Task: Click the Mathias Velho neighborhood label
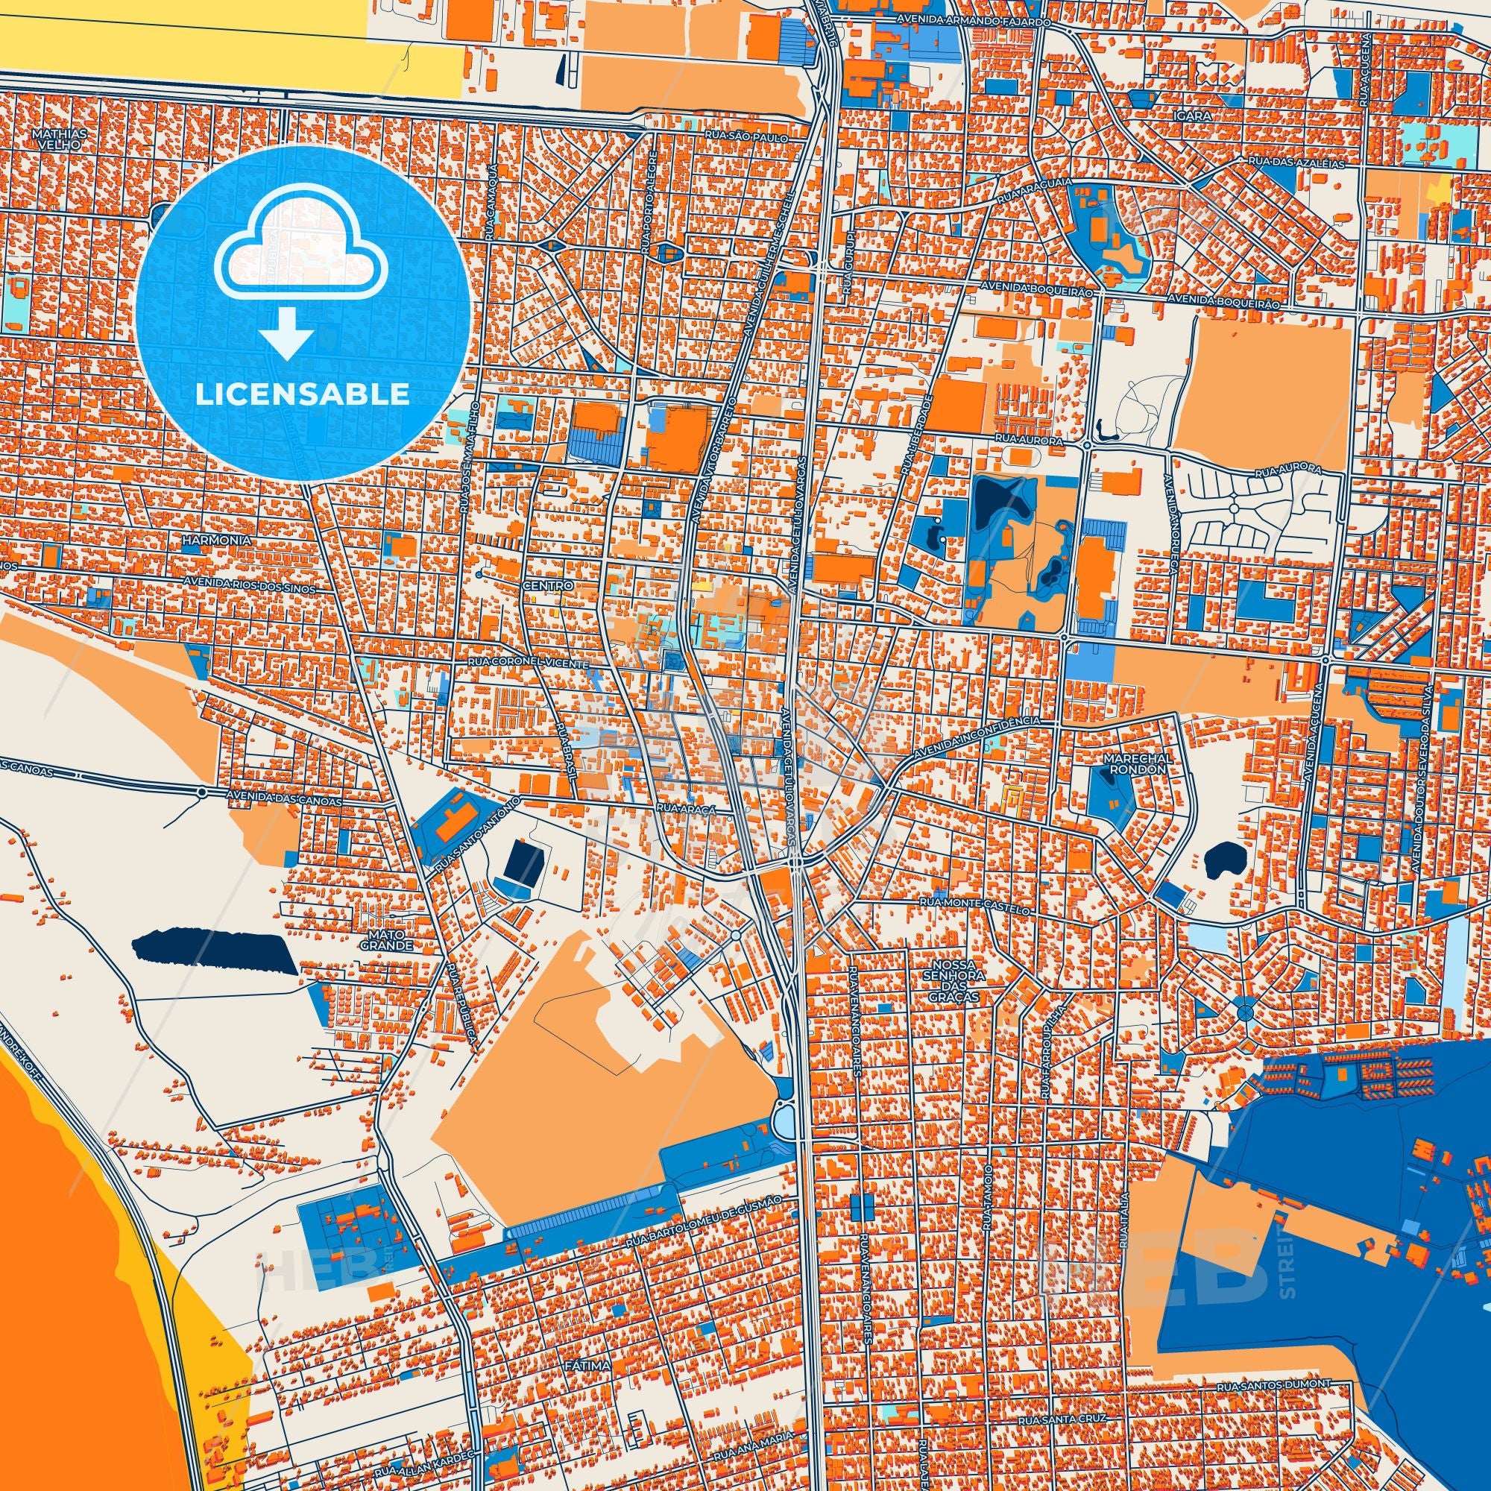tap(60, 138)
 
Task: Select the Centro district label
tap(547, 586)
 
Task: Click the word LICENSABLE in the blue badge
tap(303, 395)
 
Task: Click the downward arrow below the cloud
tap(286, 334)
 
